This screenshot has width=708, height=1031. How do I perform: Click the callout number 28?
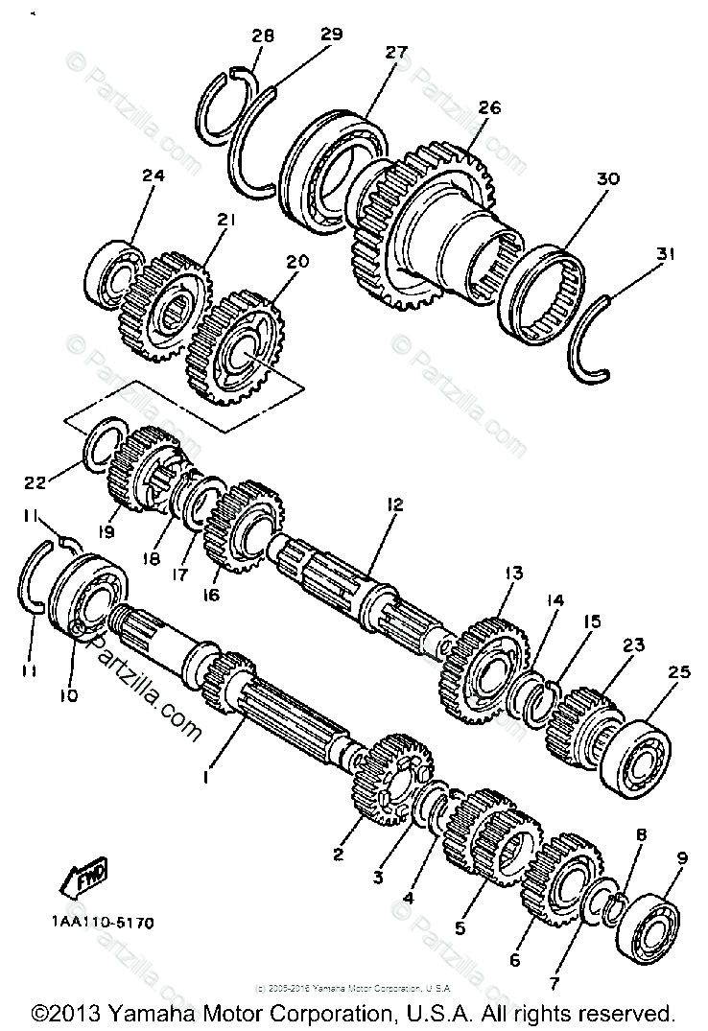click(x=263, y=35)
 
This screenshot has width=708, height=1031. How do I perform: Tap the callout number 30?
click(x=608, y=178)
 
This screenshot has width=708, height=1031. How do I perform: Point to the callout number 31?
click(x=667, y=254)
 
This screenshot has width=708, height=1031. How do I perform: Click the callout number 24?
click(x=153, y=176)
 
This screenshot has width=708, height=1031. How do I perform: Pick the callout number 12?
click(x=395, y=504)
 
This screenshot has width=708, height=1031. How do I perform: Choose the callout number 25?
click(x=679, y=672)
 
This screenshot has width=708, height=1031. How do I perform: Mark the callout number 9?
click(x=681, y=858)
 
